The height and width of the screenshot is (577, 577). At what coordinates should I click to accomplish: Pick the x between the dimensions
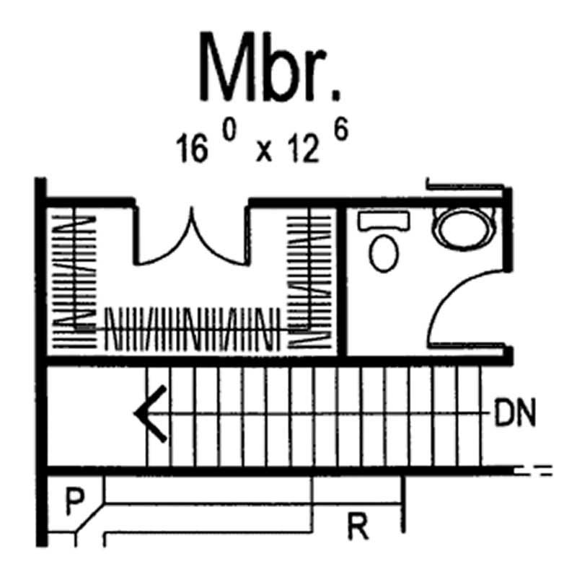[x=264, y=154]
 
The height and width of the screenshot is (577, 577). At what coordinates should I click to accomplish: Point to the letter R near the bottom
[x=358, y=529]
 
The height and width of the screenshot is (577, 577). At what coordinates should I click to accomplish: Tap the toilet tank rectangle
[x=384, y=221]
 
